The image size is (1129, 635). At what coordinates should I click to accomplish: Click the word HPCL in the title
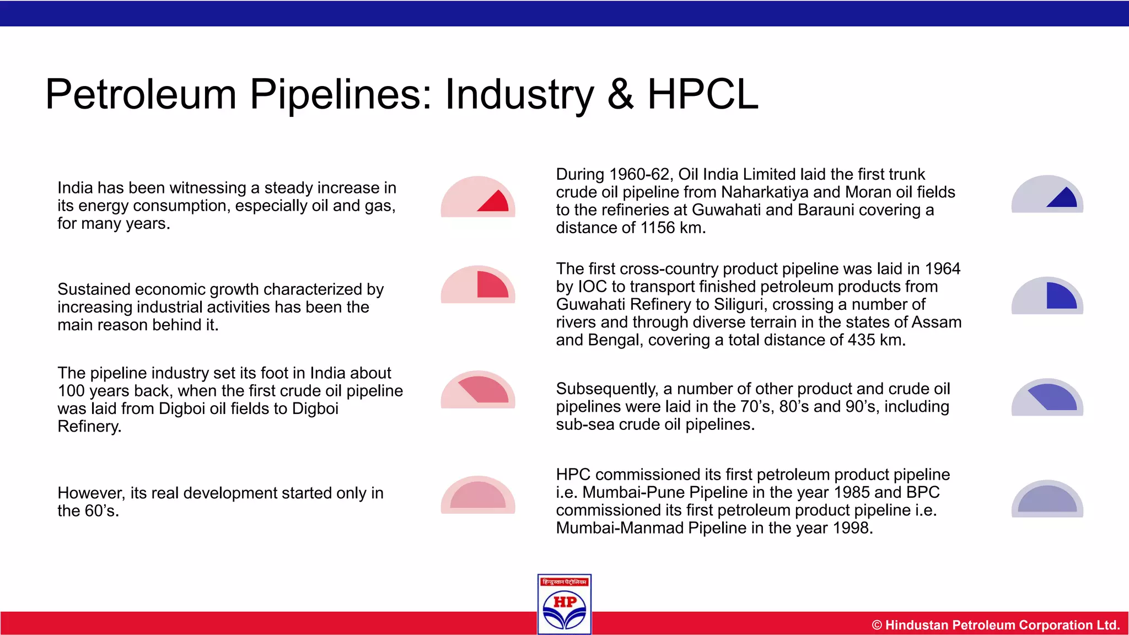[x=702, y=94]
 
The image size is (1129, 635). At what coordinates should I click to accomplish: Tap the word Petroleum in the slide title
[x=141, y=94]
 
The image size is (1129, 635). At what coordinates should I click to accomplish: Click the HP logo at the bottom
[x=564, y=605]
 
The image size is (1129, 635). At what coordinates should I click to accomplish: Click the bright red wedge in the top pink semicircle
[x=495, y=202]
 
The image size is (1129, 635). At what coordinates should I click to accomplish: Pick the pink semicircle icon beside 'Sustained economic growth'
[x=478, y=285]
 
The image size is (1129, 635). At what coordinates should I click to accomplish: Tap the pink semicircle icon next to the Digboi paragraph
[x=478, y=390]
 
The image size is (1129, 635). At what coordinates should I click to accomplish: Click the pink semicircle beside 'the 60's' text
[x=478, y=495]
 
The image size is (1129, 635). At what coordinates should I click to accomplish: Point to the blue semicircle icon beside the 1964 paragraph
[x=1047, y=296]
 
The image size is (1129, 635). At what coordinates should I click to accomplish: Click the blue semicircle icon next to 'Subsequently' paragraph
[x=1047, y=397]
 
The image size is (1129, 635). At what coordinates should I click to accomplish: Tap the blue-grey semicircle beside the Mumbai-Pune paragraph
[x=1047, y=499]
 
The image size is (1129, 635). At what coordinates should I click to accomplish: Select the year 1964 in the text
[x=943, y=269]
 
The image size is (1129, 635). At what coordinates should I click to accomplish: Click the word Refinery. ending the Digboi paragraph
[x=89, y=427]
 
